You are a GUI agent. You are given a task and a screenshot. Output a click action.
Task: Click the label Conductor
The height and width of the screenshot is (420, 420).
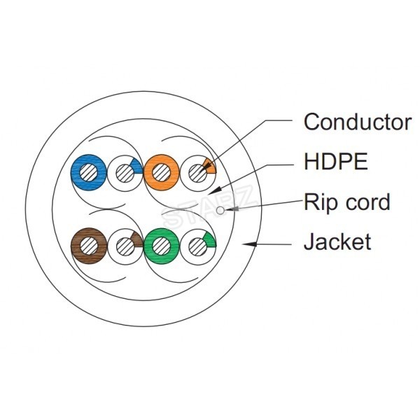(357, 122)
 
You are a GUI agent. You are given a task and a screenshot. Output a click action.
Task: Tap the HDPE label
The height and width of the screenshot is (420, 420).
(335, 162)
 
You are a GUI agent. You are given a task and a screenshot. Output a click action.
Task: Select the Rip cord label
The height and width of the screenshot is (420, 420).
(346, 203)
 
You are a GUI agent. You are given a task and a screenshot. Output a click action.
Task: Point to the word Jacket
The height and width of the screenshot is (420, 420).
(337, 243)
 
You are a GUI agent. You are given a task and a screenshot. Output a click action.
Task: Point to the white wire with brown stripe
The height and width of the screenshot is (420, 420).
(124, 245)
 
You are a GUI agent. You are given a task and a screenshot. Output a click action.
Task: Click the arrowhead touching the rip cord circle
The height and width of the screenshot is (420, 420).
(228, 208)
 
